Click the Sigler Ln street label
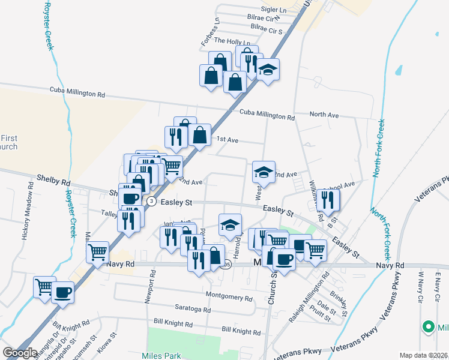point(274,11)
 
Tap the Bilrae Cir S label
point(267,29)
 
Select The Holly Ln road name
point(231,41)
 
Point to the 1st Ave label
point(228,140)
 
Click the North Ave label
point(324,115)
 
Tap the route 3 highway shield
point(152,202)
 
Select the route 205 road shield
point(225,265)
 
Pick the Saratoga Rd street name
point(192,310)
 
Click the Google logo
point(20,352)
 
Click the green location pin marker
point(428,327)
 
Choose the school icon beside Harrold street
point(229,225)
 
